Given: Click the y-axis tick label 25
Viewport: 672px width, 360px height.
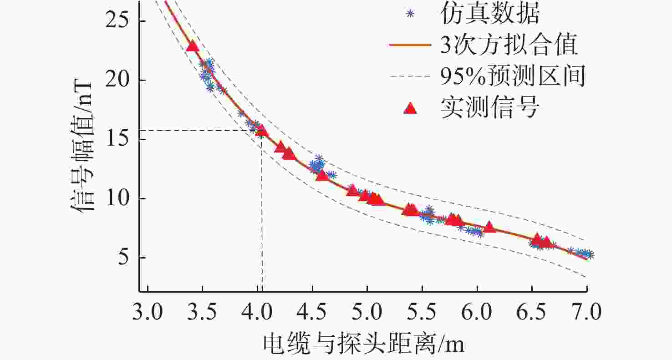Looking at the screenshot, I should tap(117, 21).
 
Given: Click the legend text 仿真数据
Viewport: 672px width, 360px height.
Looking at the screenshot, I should tap(489, 15).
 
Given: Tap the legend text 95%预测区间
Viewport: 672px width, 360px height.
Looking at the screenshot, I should tap(512, 77).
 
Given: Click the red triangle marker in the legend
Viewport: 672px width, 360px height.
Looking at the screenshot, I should tap(410, 108).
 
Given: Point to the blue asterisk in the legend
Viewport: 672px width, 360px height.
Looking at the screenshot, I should tap(410, 14).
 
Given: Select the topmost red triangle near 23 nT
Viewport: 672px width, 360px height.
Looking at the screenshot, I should tap(193, 46).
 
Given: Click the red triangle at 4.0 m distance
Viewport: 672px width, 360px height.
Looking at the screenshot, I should tap(261, 132).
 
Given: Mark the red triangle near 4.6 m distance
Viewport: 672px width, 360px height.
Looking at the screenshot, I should tap(322, 175).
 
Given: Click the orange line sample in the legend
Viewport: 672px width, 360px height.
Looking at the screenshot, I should tap(410, 46).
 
